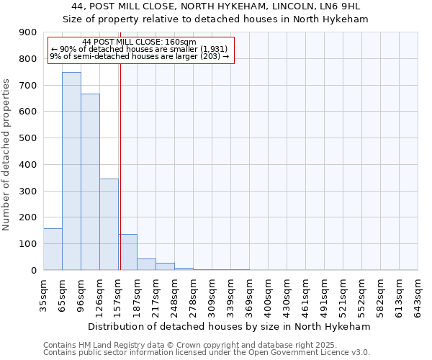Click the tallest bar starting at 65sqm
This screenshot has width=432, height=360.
[71, 171]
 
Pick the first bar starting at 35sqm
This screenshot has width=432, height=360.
[53, 249]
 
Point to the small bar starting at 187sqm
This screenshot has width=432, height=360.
[146, 264]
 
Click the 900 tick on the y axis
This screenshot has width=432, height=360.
[28, 32]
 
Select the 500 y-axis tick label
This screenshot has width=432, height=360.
[28, 138]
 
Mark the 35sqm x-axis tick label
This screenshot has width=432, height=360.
[43, 294]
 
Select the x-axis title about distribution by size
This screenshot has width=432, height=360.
[230, 326]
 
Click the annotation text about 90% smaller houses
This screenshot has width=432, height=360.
[139, 49]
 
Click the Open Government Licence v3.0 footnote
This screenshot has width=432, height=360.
[207, 353]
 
